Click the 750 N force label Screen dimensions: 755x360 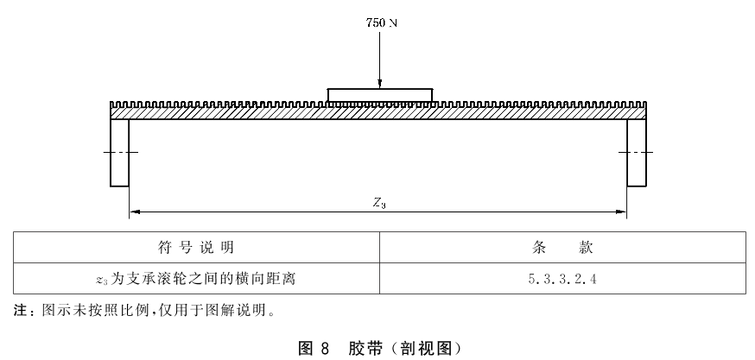pos(381,22)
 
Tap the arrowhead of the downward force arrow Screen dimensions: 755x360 pos(379,84)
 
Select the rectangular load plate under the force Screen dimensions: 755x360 pos(379,95)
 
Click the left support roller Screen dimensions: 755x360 pos(119,153)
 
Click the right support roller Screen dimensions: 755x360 pos(637,153)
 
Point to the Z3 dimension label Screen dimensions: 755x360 pos(379,204)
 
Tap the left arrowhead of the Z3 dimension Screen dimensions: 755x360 pos(135,212)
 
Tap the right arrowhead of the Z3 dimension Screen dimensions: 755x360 pos(621,212)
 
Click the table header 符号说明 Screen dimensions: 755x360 pos(196,248)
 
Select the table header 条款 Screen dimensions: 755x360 pos(562,248)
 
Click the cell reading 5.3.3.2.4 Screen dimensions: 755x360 pos(561,279)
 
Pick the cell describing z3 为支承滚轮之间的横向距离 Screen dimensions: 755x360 pos(195,279)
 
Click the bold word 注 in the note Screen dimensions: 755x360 pos(20,311)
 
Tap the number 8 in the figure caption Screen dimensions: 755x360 pos(324,348)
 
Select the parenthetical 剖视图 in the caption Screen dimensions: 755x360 pos(424,348)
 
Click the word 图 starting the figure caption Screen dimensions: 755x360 pos(306,348)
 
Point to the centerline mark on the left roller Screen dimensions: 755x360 pos(120,153)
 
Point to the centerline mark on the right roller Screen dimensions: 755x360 pos(636,153)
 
